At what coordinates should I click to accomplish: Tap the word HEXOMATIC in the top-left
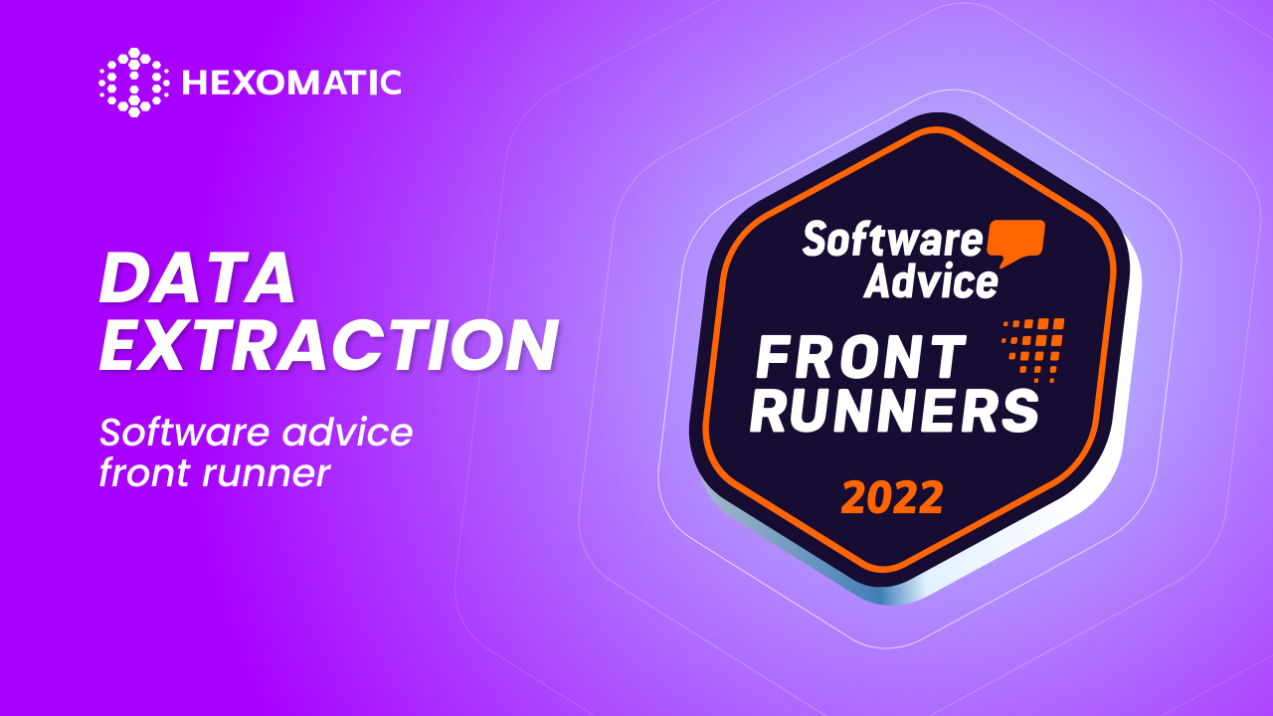(x=291, y=83)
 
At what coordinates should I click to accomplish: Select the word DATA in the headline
(x=197, y=278)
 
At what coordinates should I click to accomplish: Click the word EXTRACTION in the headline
(x=328, y=345)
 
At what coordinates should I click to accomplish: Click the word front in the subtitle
(x=143, y=473)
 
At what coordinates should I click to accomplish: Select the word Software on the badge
(x=892, y=240)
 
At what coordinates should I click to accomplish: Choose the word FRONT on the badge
(x=861, y=358)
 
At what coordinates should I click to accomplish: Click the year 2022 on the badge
(x=891, y=497)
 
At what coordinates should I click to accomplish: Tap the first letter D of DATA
(x=123, y=278)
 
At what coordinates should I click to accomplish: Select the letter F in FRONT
(x=775, y=358)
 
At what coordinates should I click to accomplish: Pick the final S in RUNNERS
(x=1017, y=411)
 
